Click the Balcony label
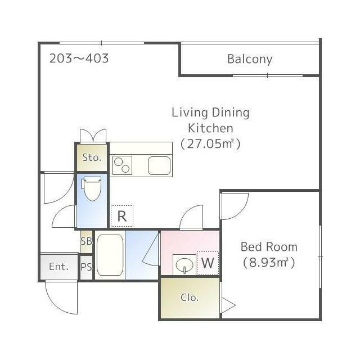(250, 59)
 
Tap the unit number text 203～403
(79, 58)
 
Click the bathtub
(110, 255)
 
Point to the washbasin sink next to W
(184, 264)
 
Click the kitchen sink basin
(159, 165)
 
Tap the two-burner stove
(122, 165)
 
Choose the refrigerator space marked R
(122, 216)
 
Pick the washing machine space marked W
(208, 263)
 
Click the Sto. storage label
(92, 157)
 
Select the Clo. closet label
(190, 298)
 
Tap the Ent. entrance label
(58, 267)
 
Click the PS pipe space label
(86, 267)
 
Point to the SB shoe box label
(86, 241)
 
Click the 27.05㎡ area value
(210, 144)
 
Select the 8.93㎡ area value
(269, 263)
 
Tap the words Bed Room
(269, 247)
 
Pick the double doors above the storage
(93, 136)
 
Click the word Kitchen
(210, 128)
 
